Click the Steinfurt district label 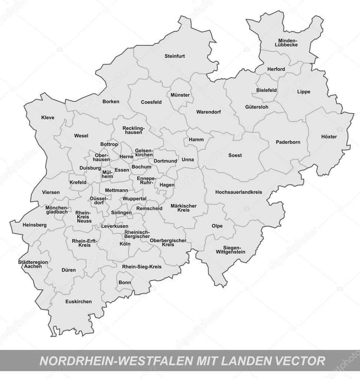click(175, 56)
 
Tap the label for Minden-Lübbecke click(286, 43)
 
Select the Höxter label click(329, 137)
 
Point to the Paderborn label click(288, 142)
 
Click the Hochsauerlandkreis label click(238, 192)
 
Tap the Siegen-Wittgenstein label click(231, 250)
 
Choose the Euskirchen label click(78, 302)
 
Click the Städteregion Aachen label click(33, 264)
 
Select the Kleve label click(48, 118)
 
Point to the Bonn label click(125, 282)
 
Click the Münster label click(180, 95)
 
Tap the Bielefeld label click(267, 90)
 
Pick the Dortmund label click(165, 161)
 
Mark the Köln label click(125, 244)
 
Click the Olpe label click(217, 226)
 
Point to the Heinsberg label click(34, 225)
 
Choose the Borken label click(111, 102)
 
